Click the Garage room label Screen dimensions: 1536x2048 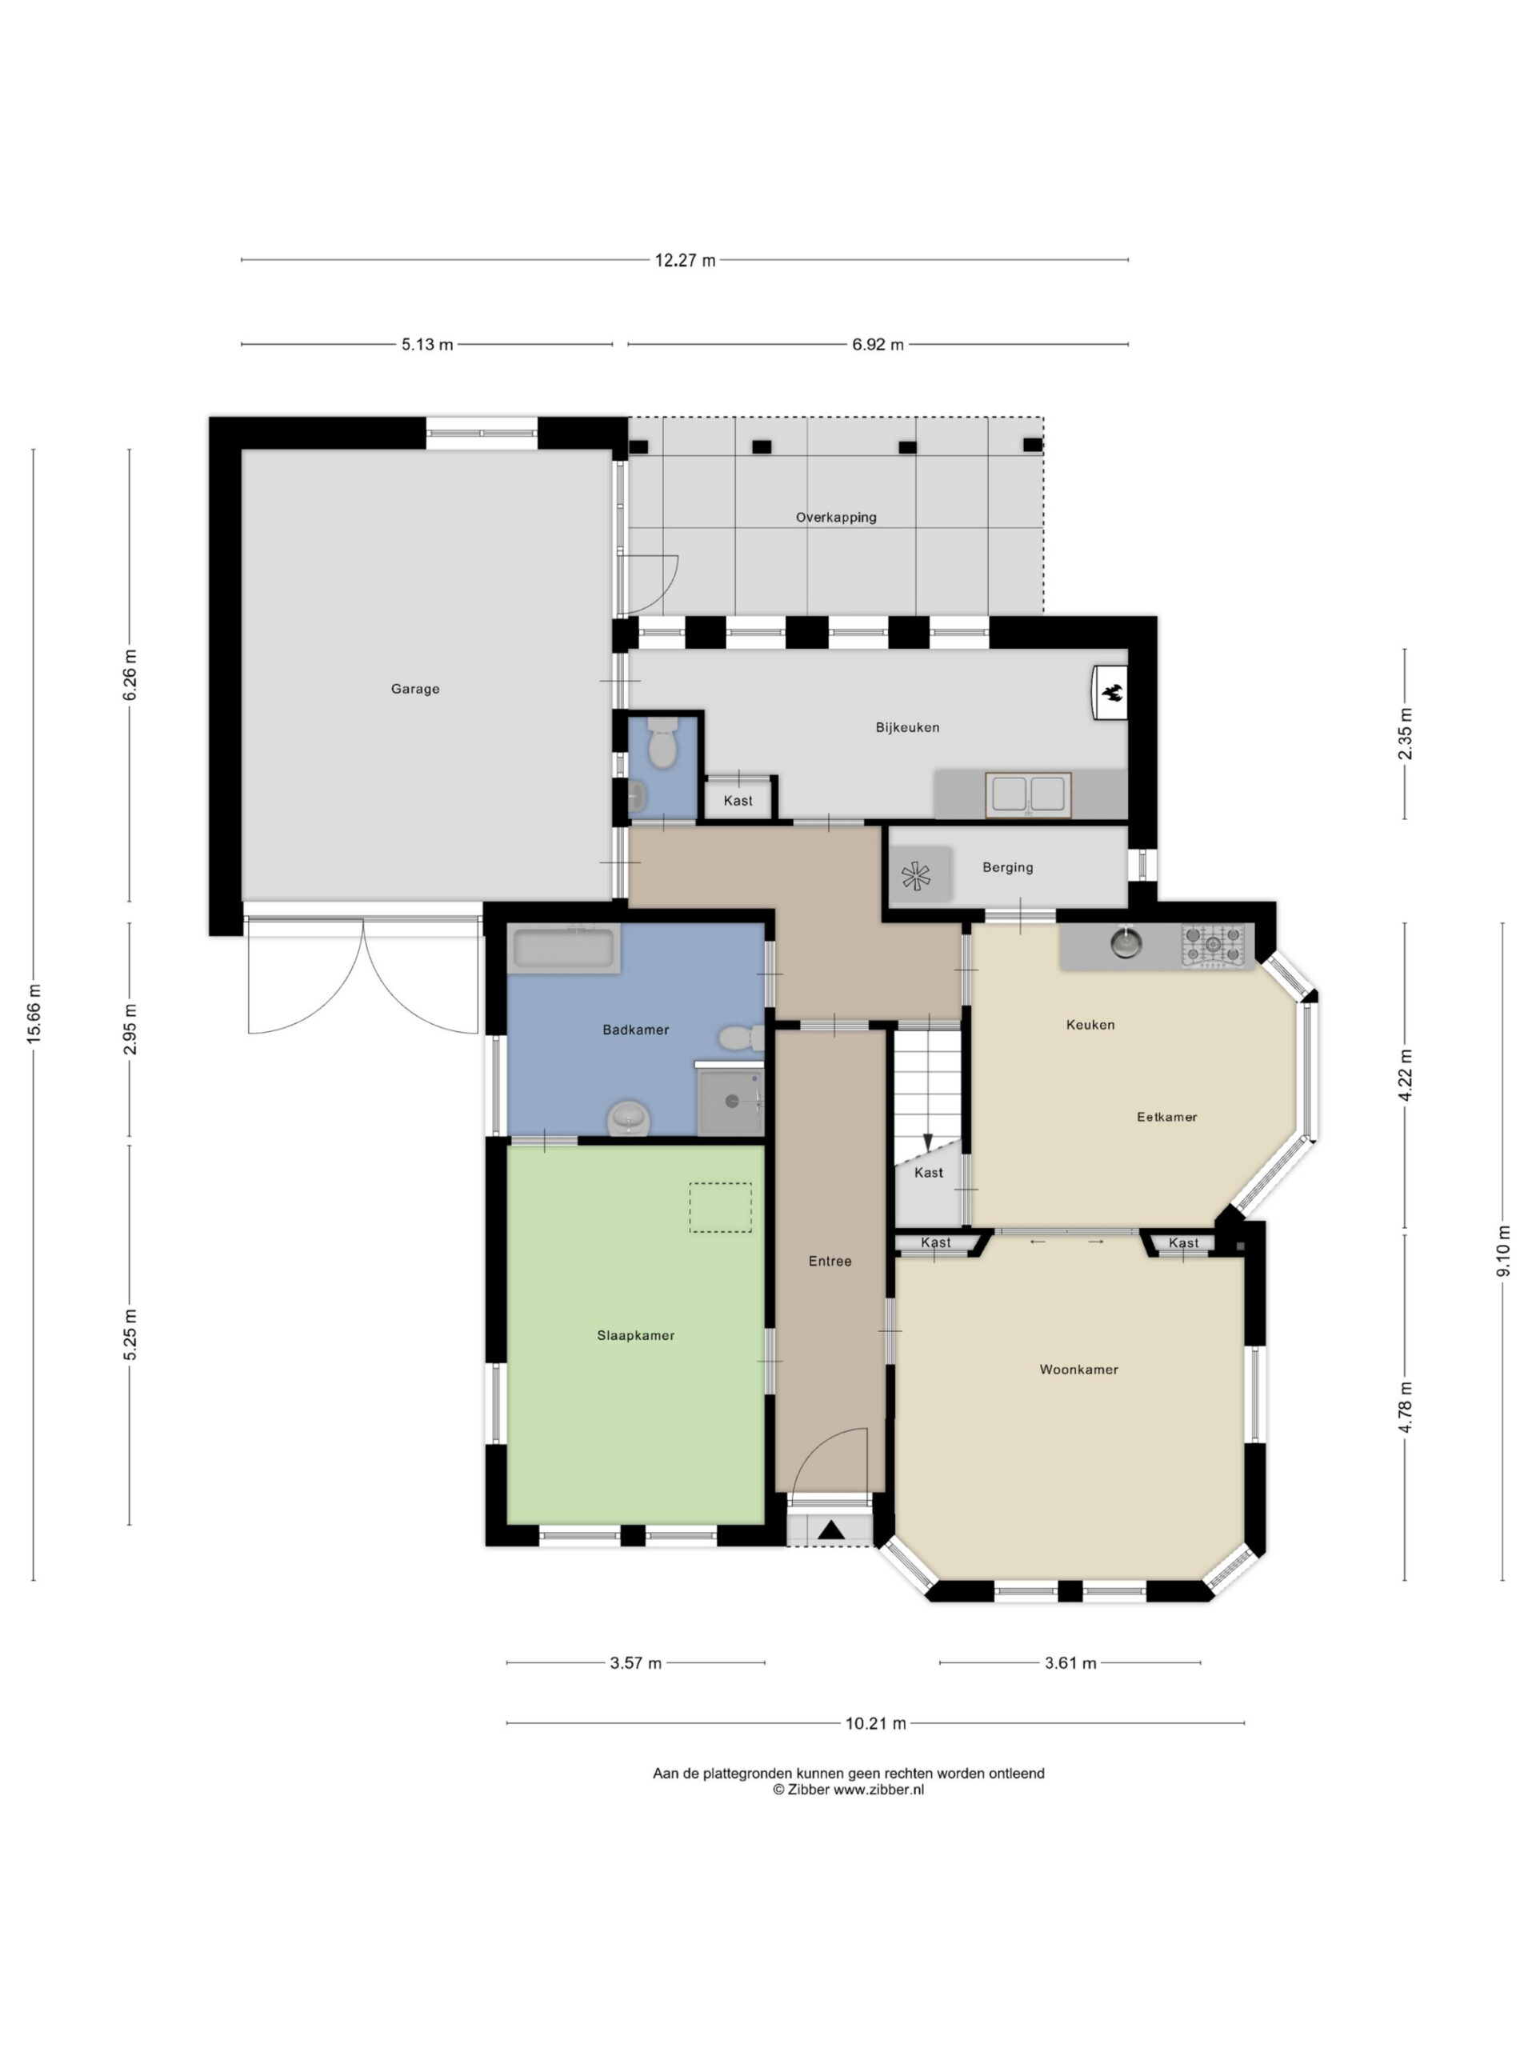point(414,689)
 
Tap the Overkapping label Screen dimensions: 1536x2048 point(836,518)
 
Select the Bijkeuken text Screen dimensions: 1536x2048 point(907,728)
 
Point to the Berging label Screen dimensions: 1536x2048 point(1007,867)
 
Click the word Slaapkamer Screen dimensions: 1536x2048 point(635,1335)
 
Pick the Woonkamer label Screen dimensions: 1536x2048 point(1078,1370)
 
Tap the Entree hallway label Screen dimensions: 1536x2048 point(830,1261)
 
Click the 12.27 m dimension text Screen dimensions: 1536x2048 point(685,260)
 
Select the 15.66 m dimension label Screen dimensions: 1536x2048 point(34,1014)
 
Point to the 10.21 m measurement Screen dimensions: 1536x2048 point(876,1724)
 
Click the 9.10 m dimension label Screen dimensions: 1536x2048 point(1502,1251)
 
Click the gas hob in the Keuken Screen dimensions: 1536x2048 point(1213,946)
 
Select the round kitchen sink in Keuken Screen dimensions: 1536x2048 point(1126,943)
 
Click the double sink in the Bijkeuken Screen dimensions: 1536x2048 point(1028,795)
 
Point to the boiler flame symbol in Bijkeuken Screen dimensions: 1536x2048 point(1111,692)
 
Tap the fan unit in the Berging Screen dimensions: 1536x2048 point(917,876)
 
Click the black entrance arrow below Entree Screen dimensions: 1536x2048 point(831,1531)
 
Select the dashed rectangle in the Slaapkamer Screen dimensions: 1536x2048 point(720,1207)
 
